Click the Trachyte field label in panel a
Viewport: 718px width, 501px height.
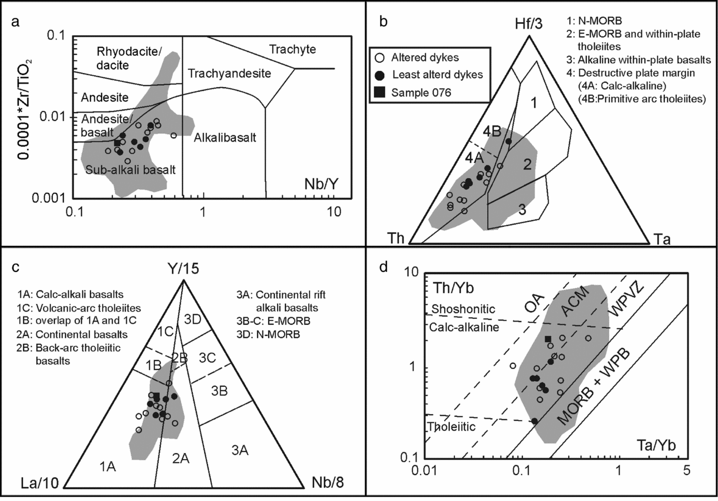click(x=292, y=50)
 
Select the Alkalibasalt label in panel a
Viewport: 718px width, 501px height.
click(x=225, y=137)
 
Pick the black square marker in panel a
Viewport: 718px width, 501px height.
click(x=117, y=143)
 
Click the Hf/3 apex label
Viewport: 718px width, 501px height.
click(x=528, y=24)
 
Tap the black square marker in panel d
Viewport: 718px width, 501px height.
click(x=548, y=339)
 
